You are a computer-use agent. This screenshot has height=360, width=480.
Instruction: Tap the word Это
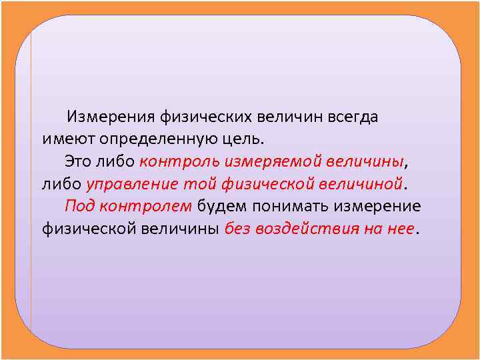point(79,161)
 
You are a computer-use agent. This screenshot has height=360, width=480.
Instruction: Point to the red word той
point(197,183)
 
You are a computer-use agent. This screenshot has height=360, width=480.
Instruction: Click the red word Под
point(77,205)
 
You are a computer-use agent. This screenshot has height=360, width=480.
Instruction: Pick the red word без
point(237,228)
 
